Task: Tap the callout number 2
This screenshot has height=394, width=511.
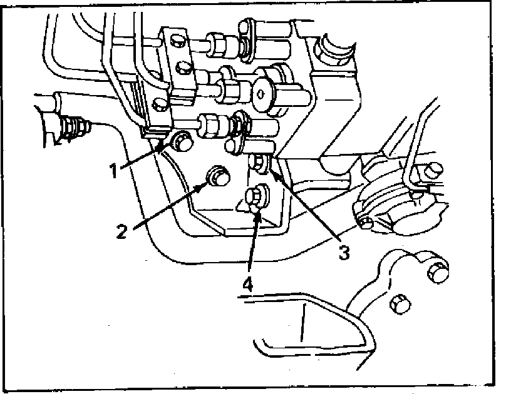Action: (x=123, y=231)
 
